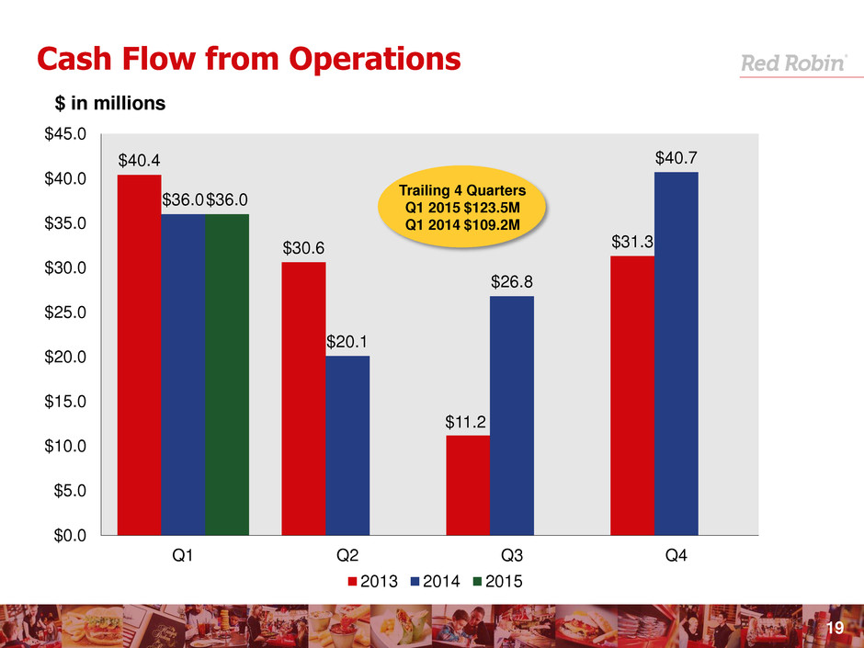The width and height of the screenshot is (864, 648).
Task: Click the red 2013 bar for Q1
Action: click(x=139, y=354)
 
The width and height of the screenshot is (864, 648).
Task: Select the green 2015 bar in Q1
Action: click(x=227, y=374)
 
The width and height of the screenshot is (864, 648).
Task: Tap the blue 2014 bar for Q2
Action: click(x=347, y=445)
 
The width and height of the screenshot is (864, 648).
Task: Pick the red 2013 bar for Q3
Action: click(x=468, y=484)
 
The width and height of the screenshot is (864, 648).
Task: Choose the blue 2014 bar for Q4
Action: click(x=676, y=353)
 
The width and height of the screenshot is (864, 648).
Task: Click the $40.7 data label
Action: click(x=676, y=159)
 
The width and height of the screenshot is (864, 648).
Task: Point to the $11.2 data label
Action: click(x=468, y=422)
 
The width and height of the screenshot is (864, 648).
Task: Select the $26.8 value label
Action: click(x=512, y=283)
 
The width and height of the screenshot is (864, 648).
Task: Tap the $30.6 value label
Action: click(x=303, y=248)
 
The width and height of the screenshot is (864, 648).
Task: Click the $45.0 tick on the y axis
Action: click(x=67, y=134)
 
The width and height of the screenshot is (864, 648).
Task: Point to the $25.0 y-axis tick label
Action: click(x=67, y=313)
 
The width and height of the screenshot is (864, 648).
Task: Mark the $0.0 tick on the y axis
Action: click(x=71, y=535)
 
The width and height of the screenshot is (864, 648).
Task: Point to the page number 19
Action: click(x=835, y=628)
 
